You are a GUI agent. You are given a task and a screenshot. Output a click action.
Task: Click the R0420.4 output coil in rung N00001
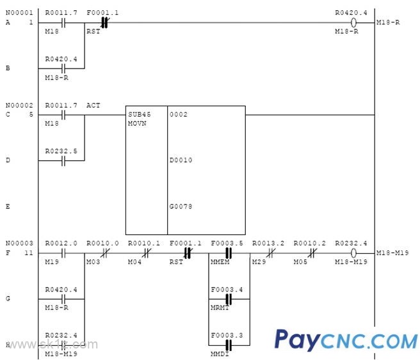[354, 23]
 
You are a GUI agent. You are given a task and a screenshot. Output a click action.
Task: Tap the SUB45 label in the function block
[139, 113]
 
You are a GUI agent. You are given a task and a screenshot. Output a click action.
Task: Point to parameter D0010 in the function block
[181, 160]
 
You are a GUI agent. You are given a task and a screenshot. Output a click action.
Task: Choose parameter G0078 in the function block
[181, 206]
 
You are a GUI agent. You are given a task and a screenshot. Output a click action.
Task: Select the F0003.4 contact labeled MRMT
[228, 298]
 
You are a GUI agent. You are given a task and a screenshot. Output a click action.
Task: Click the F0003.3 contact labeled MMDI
[228, 344]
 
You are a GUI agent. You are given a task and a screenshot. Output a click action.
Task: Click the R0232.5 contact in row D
[63, 160]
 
